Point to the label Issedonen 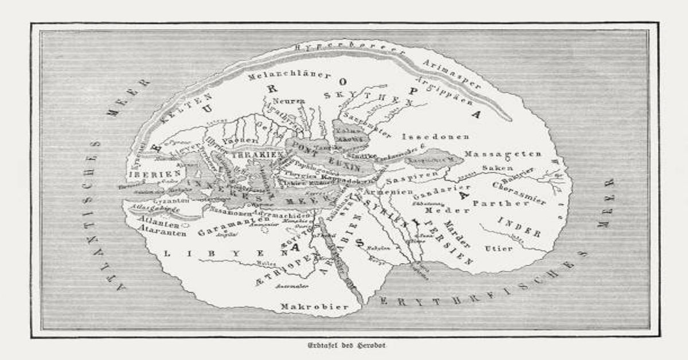point(436,137)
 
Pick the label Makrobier point(314,307)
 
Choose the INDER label point(519,227)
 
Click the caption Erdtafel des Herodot point(344,346)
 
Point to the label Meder point(435,211)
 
